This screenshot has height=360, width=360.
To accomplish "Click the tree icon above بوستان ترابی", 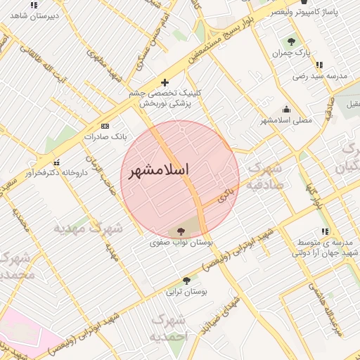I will pyautogui.click(x=186, y=281).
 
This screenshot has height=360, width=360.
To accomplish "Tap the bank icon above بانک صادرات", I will pyautogui.click(x=105, y=126).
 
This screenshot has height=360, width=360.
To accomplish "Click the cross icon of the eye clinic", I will pyautogui.click(x=165, y=82).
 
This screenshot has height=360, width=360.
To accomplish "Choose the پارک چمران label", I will pyautogui.click(x=292, y=53).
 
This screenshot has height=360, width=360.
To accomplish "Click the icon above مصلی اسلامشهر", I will pyautogui.click(x=286, y=109).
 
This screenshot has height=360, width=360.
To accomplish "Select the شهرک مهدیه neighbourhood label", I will pyautogui.click(x=87, y=228).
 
